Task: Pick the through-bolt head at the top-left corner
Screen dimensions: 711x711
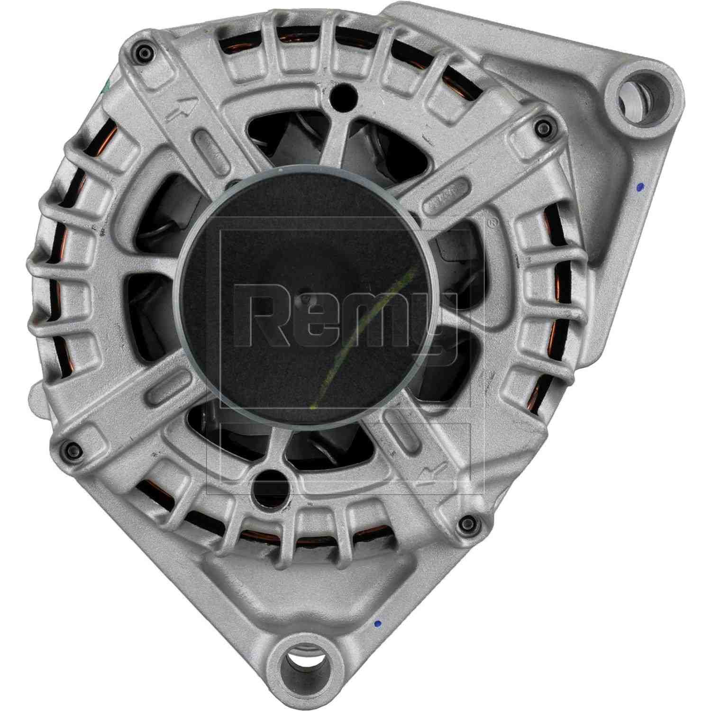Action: pyautogui.click(x=142, y=53)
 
